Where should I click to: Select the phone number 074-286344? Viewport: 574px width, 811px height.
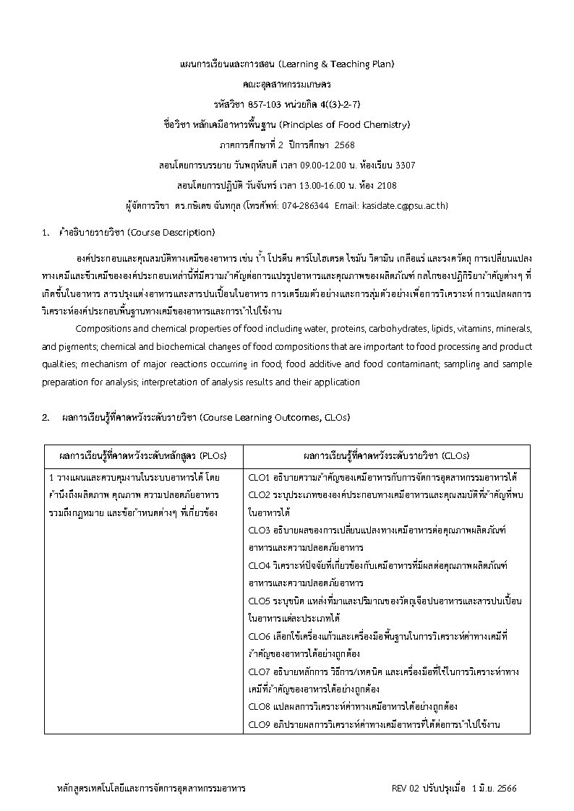[x=309, y=205]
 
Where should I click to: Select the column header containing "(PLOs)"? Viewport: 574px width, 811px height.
[x=143, y=455]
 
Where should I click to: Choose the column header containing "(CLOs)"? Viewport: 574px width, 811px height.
[x=386, y=455]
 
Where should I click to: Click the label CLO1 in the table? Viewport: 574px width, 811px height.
[x=258, y=478]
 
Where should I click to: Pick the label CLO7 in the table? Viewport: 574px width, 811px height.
[x=258, y=671]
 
